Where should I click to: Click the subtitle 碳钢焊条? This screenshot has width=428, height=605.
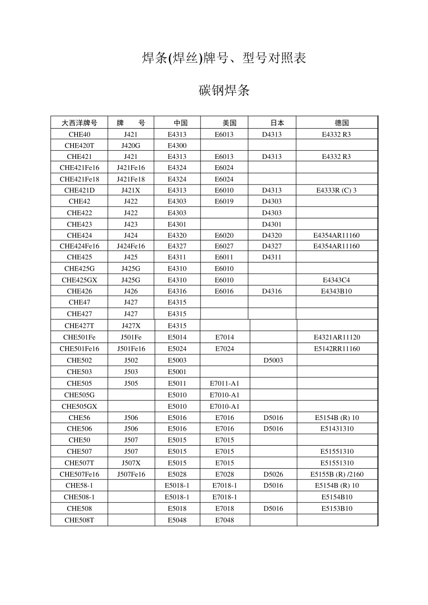[224, 90]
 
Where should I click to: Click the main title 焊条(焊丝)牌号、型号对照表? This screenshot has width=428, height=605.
[224, 58]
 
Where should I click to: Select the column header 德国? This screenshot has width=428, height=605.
[341, 122]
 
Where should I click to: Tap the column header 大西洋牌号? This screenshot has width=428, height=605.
[79, 122]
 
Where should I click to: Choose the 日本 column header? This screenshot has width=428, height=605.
[277, 122]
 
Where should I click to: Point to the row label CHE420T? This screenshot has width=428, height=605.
[79, 145]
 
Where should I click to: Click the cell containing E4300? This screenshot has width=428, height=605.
[177, 145]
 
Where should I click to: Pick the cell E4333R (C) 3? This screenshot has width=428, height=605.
[336, 190]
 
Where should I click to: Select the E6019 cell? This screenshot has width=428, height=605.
[224, 201]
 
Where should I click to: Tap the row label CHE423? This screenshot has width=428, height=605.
[79, 224]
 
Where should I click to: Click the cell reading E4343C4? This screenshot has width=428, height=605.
[336, 280]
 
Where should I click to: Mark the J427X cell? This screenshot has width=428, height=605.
[131, 325]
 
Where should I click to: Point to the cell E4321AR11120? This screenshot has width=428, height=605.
[337, 337]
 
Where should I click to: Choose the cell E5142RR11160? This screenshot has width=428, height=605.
[337, 348]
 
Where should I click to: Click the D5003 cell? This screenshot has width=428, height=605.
[273, 360]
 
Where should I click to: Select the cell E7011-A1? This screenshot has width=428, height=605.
[224, 384]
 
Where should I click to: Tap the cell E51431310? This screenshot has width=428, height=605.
[337, 429]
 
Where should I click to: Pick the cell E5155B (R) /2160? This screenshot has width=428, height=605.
[337, 474]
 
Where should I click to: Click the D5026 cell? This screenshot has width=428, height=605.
[273, 474]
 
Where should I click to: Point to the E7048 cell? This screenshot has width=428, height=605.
[224, 520]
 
